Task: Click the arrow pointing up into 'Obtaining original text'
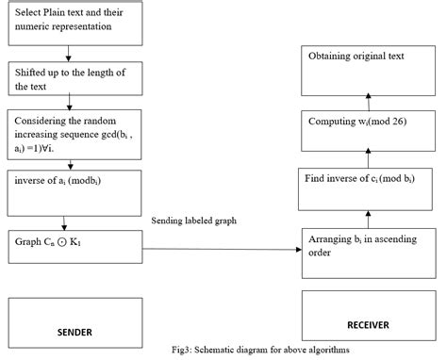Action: coord(369,100)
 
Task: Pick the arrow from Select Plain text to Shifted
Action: coord(69,55)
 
